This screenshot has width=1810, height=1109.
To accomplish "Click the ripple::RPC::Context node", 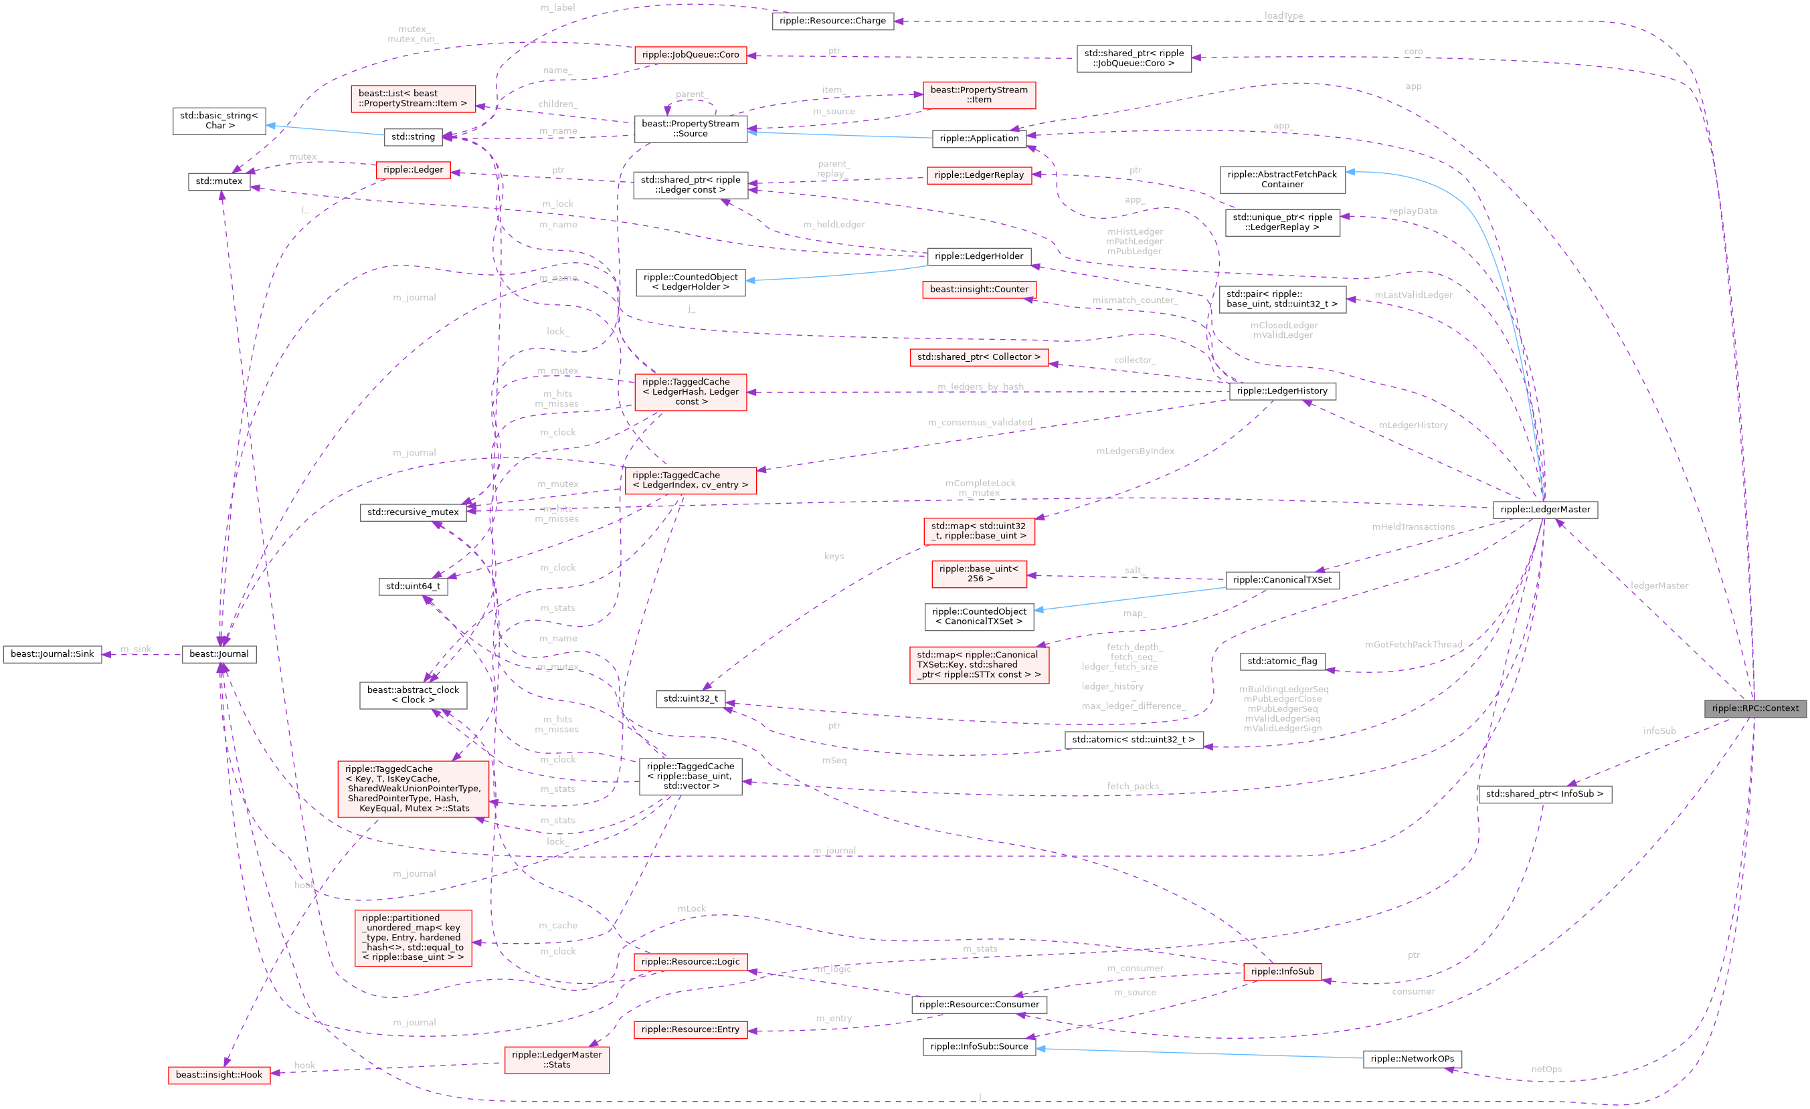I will [1755, 708].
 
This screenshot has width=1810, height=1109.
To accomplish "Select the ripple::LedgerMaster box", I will [1545, 510].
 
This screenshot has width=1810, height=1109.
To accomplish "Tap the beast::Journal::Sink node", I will [52, 653].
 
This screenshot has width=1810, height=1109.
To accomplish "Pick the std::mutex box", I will [219, 181].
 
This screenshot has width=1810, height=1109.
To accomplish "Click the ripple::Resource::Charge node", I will [832, 21].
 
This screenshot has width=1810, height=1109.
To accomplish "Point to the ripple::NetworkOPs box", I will [1412, 1058].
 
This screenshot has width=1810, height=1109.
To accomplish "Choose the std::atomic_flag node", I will [1282, 661].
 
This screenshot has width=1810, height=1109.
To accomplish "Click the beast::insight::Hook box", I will [219, 1074].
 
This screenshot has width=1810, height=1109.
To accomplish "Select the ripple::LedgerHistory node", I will [1282, 391].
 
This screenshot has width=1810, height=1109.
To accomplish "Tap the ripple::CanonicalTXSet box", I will [1282, 579].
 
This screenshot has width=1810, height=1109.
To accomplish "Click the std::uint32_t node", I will [691, 698].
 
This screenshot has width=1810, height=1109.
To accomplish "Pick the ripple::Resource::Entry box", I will [690, 1029].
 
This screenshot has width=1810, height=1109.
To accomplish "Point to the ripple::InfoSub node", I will [1282, 971].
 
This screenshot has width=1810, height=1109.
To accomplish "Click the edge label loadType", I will [1283, 15].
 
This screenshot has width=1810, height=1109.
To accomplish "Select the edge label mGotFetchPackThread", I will [1413, 644].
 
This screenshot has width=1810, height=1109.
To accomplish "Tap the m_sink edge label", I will [136, 649].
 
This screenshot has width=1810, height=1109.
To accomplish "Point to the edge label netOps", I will [1546, 1069].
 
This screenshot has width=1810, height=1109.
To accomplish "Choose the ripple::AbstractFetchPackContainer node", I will [1282, 179].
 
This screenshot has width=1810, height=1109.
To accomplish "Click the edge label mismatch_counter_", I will [1134, 300].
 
